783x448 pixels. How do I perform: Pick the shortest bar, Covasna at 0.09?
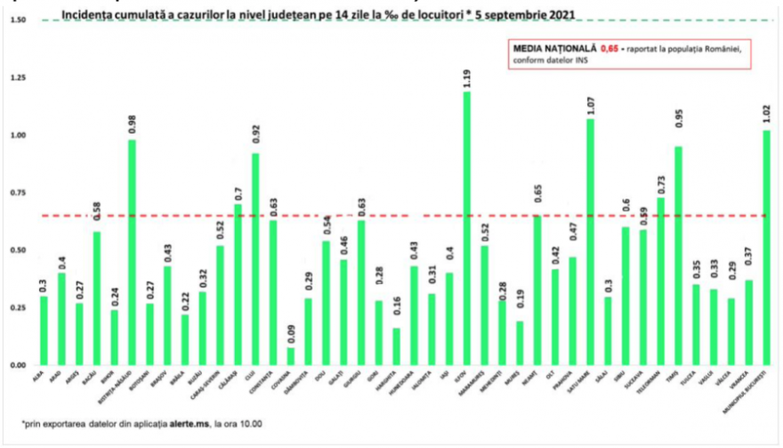[x=291, y=355]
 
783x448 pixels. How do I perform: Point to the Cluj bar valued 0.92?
[x=255, y=259]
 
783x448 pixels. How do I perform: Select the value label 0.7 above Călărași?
[x=238, y=190]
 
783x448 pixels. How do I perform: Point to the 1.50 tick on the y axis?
[x=20, y=20]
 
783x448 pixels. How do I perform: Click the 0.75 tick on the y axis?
[x=20, y=192]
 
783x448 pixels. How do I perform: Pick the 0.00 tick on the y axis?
[x=20, y=365]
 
